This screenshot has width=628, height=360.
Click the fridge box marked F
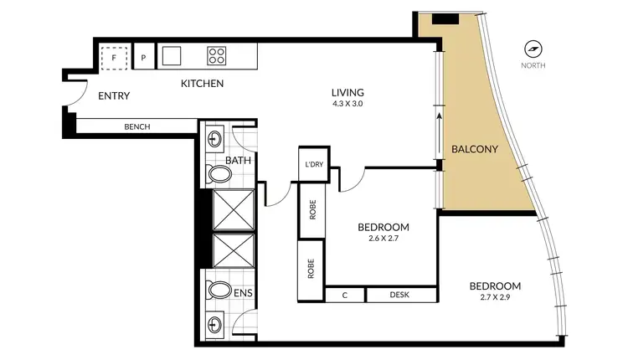tap(114, 57)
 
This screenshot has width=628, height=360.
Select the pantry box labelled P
tap(143, 58)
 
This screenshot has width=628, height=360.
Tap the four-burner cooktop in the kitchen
tap(217, 56)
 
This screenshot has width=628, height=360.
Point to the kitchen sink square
tap(172, 56)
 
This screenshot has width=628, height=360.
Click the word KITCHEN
tap(203, 84)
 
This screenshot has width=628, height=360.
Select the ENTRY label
tap(114, 96)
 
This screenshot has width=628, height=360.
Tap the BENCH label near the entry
tap(136, 127)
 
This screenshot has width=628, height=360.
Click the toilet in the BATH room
tap(219, 175)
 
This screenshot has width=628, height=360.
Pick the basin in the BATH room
tap(213, 138)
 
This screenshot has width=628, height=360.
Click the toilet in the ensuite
tap(219, 290)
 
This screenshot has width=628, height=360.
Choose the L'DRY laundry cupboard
tap(314, 164)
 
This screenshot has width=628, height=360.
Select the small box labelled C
tap(345, 295)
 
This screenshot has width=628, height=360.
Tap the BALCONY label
tap(475, 150)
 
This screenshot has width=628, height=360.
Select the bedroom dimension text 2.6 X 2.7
tap(383, 239)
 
